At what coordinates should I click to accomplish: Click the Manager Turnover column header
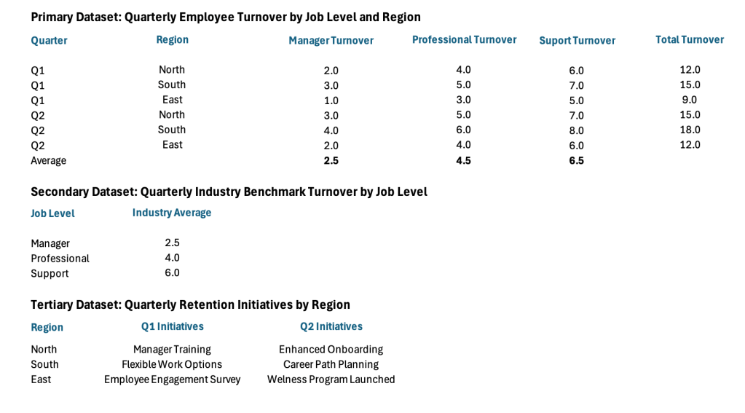click(x=331, y=41)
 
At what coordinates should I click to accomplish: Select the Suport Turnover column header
click(x=577, y=41)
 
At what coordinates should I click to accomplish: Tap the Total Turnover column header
click(x=689, y=40)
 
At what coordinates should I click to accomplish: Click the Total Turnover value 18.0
click(x=690, y=130)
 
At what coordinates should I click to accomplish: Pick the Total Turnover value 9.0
click(x=690, y=100)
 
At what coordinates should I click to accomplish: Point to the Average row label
click(x=48, y=160)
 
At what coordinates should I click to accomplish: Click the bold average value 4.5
click(x=463, y=160)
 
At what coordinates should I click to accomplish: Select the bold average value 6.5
click(x=576, y=160)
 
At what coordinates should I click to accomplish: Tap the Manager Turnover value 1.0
click(x=331, y=101)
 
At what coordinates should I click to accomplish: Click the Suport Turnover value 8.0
click(x=576, y=130)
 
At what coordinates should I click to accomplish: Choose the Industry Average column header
click(x=172, y=213)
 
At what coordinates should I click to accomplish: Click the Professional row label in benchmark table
click(x=60, y=259)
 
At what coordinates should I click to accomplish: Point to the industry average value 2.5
click(x=172, y=243)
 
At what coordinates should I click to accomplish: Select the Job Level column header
click(x=52, y=213)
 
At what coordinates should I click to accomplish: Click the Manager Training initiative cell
click(x=172, y=350)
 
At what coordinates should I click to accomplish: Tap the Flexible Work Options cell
click(x=172, y=364)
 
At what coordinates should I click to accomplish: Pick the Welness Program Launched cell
click(x=331, y=379)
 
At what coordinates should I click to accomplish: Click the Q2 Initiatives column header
click(x=331, y=326)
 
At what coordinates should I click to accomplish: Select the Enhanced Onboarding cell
click(x=331, y=350)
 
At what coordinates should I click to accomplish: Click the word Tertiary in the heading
click(x=52, y=304)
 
